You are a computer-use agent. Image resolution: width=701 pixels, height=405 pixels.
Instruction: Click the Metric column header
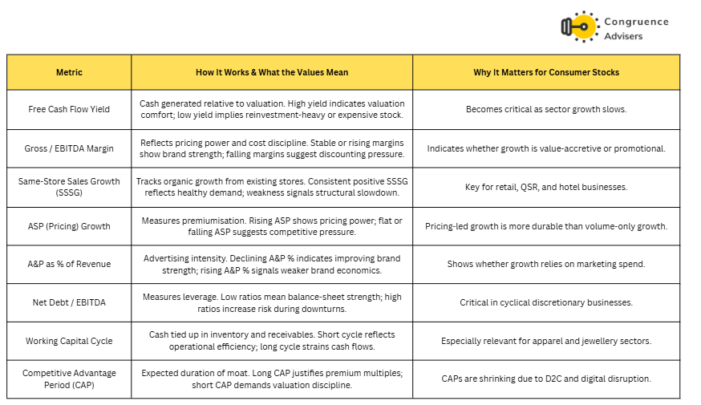[69, 72]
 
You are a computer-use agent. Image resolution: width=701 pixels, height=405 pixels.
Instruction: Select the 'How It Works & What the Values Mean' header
[272, 72]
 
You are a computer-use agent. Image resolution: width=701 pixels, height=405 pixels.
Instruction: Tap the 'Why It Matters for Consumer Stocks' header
[546, 72]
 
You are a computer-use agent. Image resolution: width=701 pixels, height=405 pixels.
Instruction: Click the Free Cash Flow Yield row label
[69, 109]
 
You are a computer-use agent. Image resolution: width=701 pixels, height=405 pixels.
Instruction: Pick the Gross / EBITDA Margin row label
[69, 148]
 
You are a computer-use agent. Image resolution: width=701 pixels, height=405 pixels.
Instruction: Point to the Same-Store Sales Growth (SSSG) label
[69, 187]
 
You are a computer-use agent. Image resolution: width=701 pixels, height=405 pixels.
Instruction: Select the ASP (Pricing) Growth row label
[69, 226]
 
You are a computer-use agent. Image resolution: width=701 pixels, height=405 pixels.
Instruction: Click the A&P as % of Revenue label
[69, 264]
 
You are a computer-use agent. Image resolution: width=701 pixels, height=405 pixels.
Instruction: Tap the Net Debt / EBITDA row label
[69, 302]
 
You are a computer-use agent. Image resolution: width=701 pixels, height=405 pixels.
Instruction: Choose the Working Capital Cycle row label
[69, 341]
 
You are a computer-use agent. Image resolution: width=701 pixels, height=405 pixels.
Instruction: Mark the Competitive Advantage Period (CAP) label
[69, 379]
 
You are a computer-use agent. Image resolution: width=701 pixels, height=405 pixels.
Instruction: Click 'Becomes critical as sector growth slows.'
[546, 109]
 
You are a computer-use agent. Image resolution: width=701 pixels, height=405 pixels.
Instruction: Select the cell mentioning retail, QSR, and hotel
[546, 187]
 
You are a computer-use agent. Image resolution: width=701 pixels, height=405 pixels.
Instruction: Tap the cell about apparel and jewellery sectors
[546, 341]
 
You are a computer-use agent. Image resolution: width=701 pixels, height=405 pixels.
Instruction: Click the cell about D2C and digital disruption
[546, 379]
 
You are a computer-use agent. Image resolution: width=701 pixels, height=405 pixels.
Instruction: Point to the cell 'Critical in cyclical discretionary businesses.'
[546, 302]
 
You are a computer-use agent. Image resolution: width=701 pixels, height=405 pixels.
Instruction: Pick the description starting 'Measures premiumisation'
[272, 226]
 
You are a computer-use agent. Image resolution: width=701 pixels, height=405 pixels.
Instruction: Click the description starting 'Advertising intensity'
[272, 264]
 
